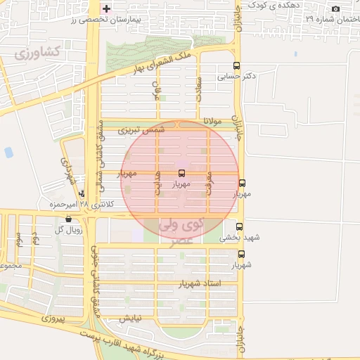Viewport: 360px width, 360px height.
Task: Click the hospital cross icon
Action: click(x=106, y=9)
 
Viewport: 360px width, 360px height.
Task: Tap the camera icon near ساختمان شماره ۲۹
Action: click(x=335, y=8)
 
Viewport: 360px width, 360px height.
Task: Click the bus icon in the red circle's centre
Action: click(x=181, y=172)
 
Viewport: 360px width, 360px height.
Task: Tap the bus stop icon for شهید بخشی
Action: click(x=240, y=227)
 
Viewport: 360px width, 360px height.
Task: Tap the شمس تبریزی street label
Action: click(x=141, y=130)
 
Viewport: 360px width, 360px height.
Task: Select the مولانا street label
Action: click(x=212, y=121)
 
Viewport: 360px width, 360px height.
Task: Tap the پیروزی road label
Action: click(x=52, y=319)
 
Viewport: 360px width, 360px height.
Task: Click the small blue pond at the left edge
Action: click(x=8, y=152)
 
